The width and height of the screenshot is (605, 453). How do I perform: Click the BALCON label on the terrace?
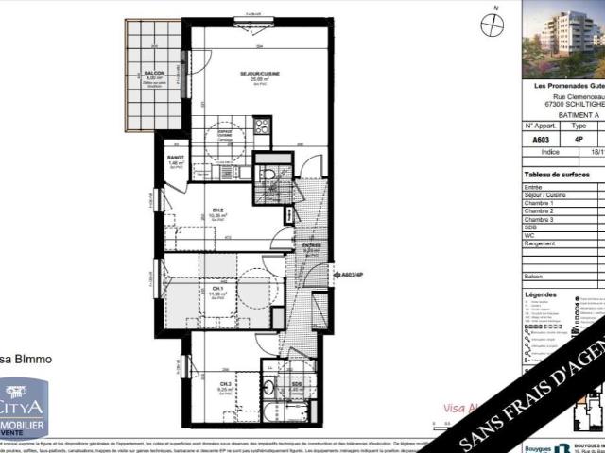155,73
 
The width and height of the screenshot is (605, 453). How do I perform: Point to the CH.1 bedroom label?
216,289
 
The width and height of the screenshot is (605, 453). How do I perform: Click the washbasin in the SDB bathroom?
269,385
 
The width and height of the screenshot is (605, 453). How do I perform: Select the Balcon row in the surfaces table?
534,276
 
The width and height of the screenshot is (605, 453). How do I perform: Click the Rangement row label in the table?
540,243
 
